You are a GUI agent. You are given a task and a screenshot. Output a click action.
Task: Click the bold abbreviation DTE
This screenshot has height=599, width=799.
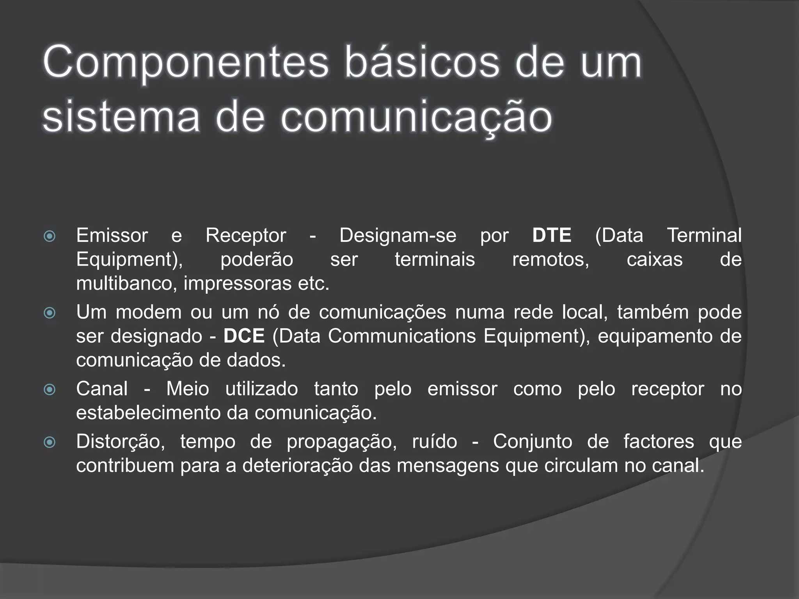[552, 236]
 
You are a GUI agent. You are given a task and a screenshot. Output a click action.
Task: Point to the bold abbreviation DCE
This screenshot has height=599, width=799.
[244, 336]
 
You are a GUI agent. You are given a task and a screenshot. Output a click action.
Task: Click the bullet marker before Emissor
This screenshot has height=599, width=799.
[50, 236]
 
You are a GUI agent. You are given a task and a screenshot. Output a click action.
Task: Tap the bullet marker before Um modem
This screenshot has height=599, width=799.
[50, 313]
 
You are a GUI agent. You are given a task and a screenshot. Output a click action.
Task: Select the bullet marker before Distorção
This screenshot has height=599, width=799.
[50, 443]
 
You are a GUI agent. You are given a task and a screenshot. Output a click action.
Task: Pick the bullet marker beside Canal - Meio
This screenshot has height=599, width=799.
[50, 390]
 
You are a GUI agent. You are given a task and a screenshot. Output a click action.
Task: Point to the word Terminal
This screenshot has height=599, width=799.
[704, 236]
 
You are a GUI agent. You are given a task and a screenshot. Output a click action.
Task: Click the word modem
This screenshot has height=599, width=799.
[149, 312]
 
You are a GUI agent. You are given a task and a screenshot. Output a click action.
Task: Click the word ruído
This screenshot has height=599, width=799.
[435, 442]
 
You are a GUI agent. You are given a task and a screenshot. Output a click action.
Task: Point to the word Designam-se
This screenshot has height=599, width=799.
[398, 236]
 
